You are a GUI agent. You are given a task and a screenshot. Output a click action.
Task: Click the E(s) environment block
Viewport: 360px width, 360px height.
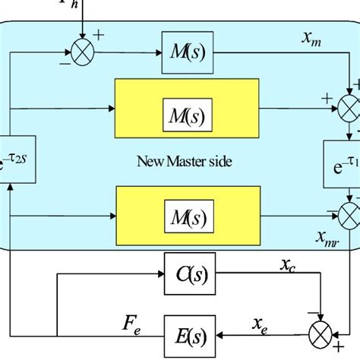pyautogui.click(x=187, y=333)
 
